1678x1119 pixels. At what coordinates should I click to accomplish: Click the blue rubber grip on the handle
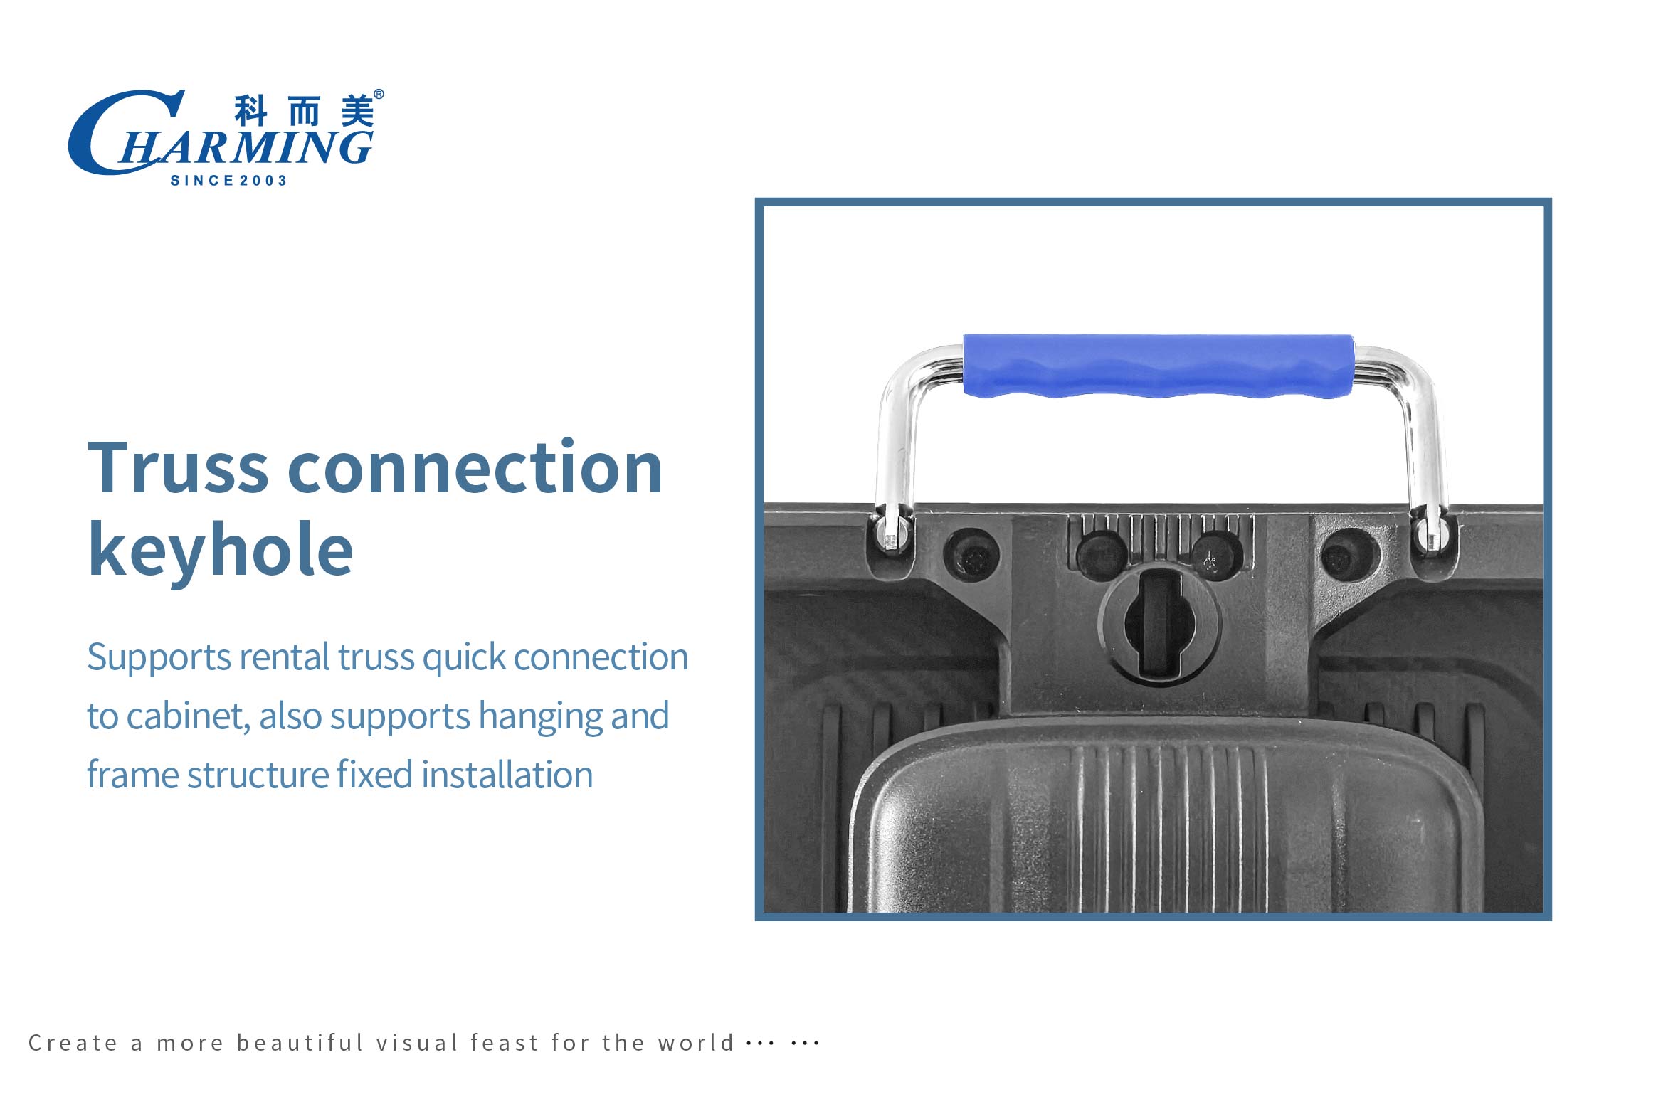(x=1158, y=366)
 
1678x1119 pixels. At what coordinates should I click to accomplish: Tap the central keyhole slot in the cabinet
(x=1159, y=625)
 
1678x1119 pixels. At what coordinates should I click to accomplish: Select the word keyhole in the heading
(x=221, y=548)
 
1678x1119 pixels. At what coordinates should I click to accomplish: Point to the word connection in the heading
(x=475, y=467)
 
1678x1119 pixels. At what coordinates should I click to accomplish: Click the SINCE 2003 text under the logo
(x=228, y=181)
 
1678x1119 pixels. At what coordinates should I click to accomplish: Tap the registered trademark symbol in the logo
(x=379, y=94)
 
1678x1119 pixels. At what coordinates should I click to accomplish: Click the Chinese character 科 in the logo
(x=250, y=111)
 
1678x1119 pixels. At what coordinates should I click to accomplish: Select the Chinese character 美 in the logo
(x=357, y=111)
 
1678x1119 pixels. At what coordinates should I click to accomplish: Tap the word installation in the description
(x=507, y=775)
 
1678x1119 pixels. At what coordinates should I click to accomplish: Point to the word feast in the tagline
(x=505, y=1043)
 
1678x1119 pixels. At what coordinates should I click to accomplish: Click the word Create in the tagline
(x=73, y=1044)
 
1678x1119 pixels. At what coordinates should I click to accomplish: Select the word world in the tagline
(x=696, y=1043)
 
